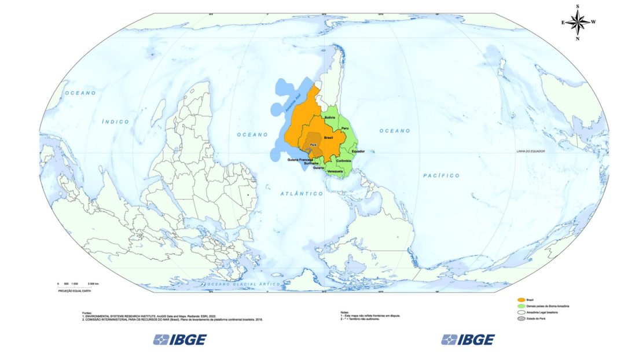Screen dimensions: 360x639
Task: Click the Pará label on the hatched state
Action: tap(313, 144)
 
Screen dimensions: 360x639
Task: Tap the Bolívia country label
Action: tap(330, 117)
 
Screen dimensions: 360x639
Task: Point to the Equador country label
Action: tap(358, 151)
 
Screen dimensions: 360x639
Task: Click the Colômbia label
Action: tap(344, 160)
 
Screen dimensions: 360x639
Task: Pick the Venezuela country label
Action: tap(335, 172)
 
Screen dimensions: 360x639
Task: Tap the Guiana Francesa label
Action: tap(300, 159)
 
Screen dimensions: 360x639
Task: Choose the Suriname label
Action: tap(311, 163)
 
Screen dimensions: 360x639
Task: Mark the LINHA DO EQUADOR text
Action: tap(531, 151)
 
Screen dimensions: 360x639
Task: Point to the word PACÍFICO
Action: tap(441, 175)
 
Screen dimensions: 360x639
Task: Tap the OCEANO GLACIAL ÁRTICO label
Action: tap(244, 284)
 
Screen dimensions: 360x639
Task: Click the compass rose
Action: tap(578, 23)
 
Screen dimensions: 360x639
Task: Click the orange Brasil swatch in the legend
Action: tap(521, 300)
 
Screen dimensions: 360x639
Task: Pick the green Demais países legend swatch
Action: tap(521, 306)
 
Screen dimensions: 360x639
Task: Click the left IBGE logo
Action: tap(179, 340)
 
